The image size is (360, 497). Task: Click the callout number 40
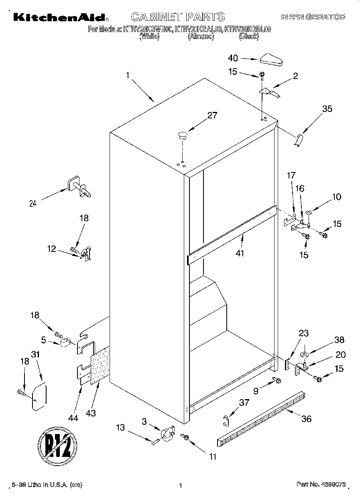(x=233, y=58)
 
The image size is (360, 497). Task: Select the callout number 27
(x=212, y=116)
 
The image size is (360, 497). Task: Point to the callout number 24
(x=33, y=203)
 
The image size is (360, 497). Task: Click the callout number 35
(x=327, y=108)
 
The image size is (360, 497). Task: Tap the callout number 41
(x=240, y=253)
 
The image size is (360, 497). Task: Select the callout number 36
(x=306, y=419)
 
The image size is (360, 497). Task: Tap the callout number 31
(x=36, y=354)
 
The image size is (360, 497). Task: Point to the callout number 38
(x=339, y=340)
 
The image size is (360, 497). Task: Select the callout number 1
(x=128, y=75)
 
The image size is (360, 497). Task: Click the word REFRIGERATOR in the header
(x=313, y=17)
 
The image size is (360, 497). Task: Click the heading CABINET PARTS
(x=178, y=16)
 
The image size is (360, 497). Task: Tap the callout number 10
(x=336, y=197)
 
